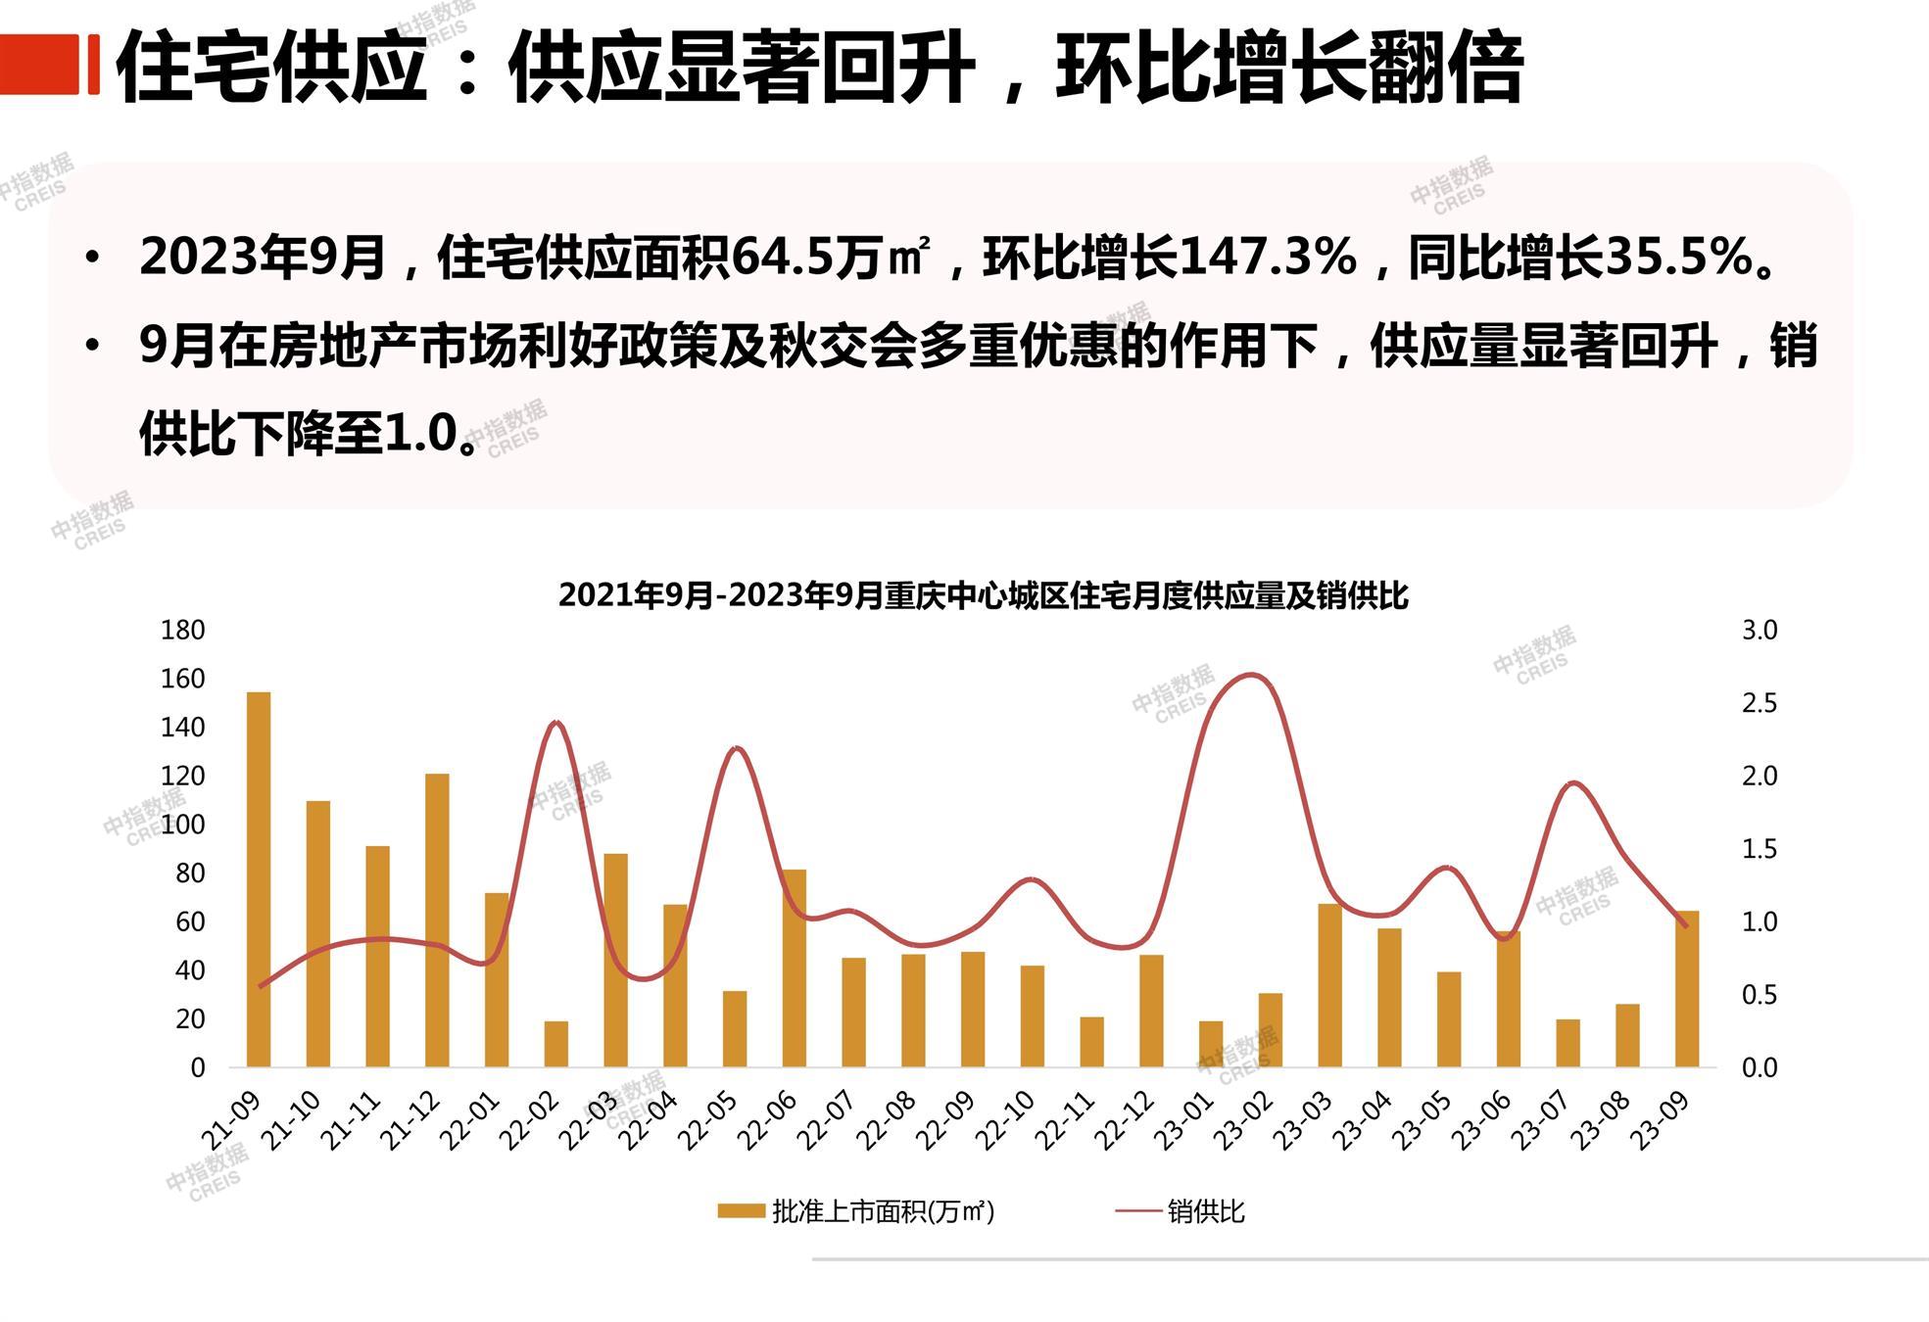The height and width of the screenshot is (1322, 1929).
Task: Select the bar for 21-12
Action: tap(437, 921)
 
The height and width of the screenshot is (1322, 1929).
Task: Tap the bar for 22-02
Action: tap(556, 1044)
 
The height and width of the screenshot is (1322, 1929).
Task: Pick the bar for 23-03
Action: tap(1329, 985)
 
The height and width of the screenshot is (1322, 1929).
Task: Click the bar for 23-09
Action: tap(1686, 989)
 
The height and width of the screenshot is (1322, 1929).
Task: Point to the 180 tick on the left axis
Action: tap(182, 631)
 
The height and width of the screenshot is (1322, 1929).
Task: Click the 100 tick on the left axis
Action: tap(182, 825)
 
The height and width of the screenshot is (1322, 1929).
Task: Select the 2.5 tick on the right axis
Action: tap(1759, 704)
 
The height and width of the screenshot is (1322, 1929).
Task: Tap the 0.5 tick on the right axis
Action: tap(1759, 995)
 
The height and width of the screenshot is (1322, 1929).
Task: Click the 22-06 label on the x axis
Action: tap(768, 1121)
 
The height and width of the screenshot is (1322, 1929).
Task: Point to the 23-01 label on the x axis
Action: tap(1184, 1121)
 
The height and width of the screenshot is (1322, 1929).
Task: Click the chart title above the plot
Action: tap(983, 595)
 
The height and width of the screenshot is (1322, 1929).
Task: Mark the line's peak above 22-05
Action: tap(737, 748)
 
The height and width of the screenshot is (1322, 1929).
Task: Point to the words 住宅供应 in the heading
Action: tap(272, 67)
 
